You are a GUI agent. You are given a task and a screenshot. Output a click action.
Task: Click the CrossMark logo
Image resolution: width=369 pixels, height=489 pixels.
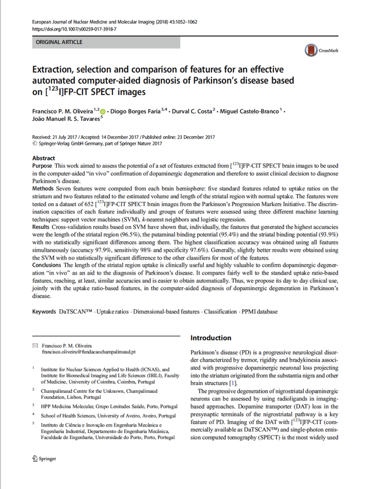click(x=321, y=51)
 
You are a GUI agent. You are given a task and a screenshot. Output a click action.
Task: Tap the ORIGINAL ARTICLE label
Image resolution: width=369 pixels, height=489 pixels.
click(x=58, y=43)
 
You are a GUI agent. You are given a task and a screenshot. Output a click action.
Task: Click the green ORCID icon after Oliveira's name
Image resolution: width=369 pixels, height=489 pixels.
click(x=103, y=112)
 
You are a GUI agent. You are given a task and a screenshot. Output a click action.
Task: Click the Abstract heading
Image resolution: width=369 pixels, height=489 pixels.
click(x=43, y=158)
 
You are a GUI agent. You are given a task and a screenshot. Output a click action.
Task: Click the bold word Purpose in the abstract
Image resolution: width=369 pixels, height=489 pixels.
click(x=43, y=165)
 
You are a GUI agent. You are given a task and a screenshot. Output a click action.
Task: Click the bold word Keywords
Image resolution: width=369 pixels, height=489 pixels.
click(x=44, y=312)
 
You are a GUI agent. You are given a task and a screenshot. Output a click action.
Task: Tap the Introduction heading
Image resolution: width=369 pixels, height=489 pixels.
click(x=210, y=338)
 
